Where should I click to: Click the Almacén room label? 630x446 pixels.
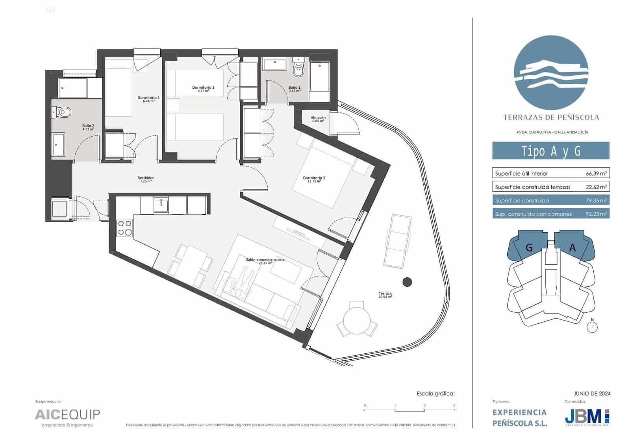coord(318,119)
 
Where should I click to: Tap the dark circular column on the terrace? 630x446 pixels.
coord(407,282)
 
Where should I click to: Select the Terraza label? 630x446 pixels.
coord(385,295)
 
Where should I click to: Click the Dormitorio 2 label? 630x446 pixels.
coord(314,179)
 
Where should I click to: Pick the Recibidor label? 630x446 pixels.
coord(146,179)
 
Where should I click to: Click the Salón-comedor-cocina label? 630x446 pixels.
coord(265,261)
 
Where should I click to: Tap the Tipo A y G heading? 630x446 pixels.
coord(550,151)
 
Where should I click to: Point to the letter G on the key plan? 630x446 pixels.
coord(529,248)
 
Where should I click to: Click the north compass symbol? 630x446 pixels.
coord(592,327)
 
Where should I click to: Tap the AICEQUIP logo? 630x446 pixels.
coord(67,415)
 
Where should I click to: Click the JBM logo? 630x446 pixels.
coord(586,417)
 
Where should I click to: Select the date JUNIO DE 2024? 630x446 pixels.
coord(592,394)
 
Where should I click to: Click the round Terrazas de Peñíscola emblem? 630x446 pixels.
coord(551,75)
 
